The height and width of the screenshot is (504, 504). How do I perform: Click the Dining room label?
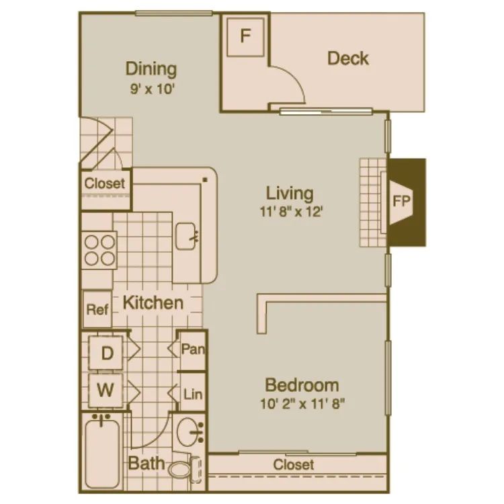151,69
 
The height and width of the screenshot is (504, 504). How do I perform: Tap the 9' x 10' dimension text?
152,87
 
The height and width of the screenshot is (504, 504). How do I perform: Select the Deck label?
347,58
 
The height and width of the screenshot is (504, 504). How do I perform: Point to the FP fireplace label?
402,202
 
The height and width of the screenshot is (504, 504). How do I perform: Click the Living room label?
290,194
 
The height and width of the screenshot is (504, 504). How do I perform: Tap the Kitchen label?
153,302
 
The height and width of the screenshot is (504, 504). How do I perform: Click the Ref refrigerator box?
97,310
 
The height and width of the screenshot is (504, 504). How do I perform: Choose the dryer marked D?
107,353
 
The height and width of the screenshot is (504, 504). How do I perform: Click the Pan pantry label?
193,349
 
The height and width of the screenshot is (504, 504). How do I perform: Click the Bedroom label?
302,386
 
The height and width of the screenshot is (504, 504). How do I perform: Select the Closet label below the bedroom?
294,464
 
